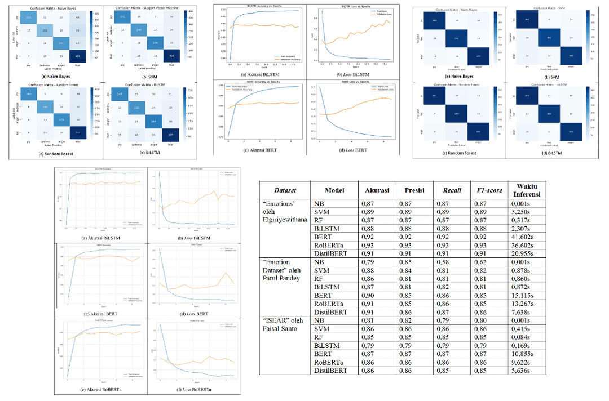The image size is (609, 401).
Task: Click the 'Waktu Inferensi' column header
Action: point(527,191)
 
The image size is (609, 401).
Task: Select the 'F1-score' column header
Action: point(483,190)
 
